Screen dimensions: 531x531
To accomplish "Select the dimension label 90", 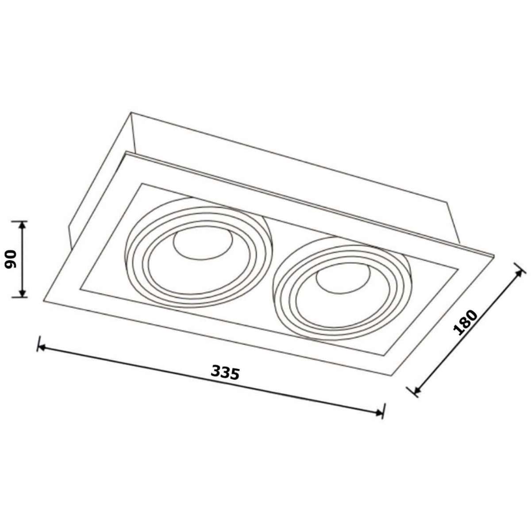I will pyautogui.click(x=11, y=259).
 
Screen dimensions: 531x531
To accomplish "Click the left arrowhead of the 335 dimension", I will pyautogui.click(x=42, y=348).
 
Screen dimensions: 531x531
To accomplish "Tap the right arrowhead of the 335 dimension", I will pyautogui.click(x=379, y=413).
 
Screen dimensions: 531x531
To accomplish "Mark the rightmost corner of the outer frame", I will pyautogui.click(x=493, y=256).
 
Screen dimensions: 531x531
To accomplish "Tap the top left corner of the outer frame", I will pyautogui.click(x=125, y=153).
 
